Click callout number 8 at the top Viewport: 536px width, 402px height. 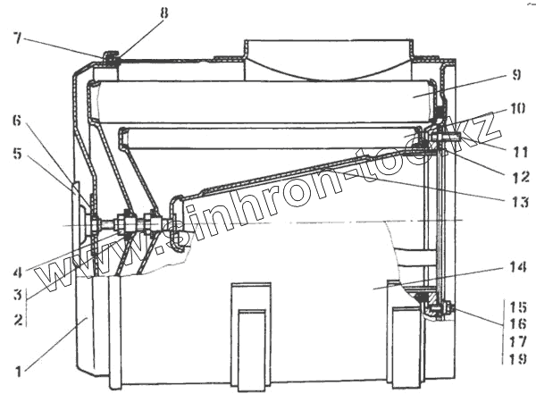coord(163,13)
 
